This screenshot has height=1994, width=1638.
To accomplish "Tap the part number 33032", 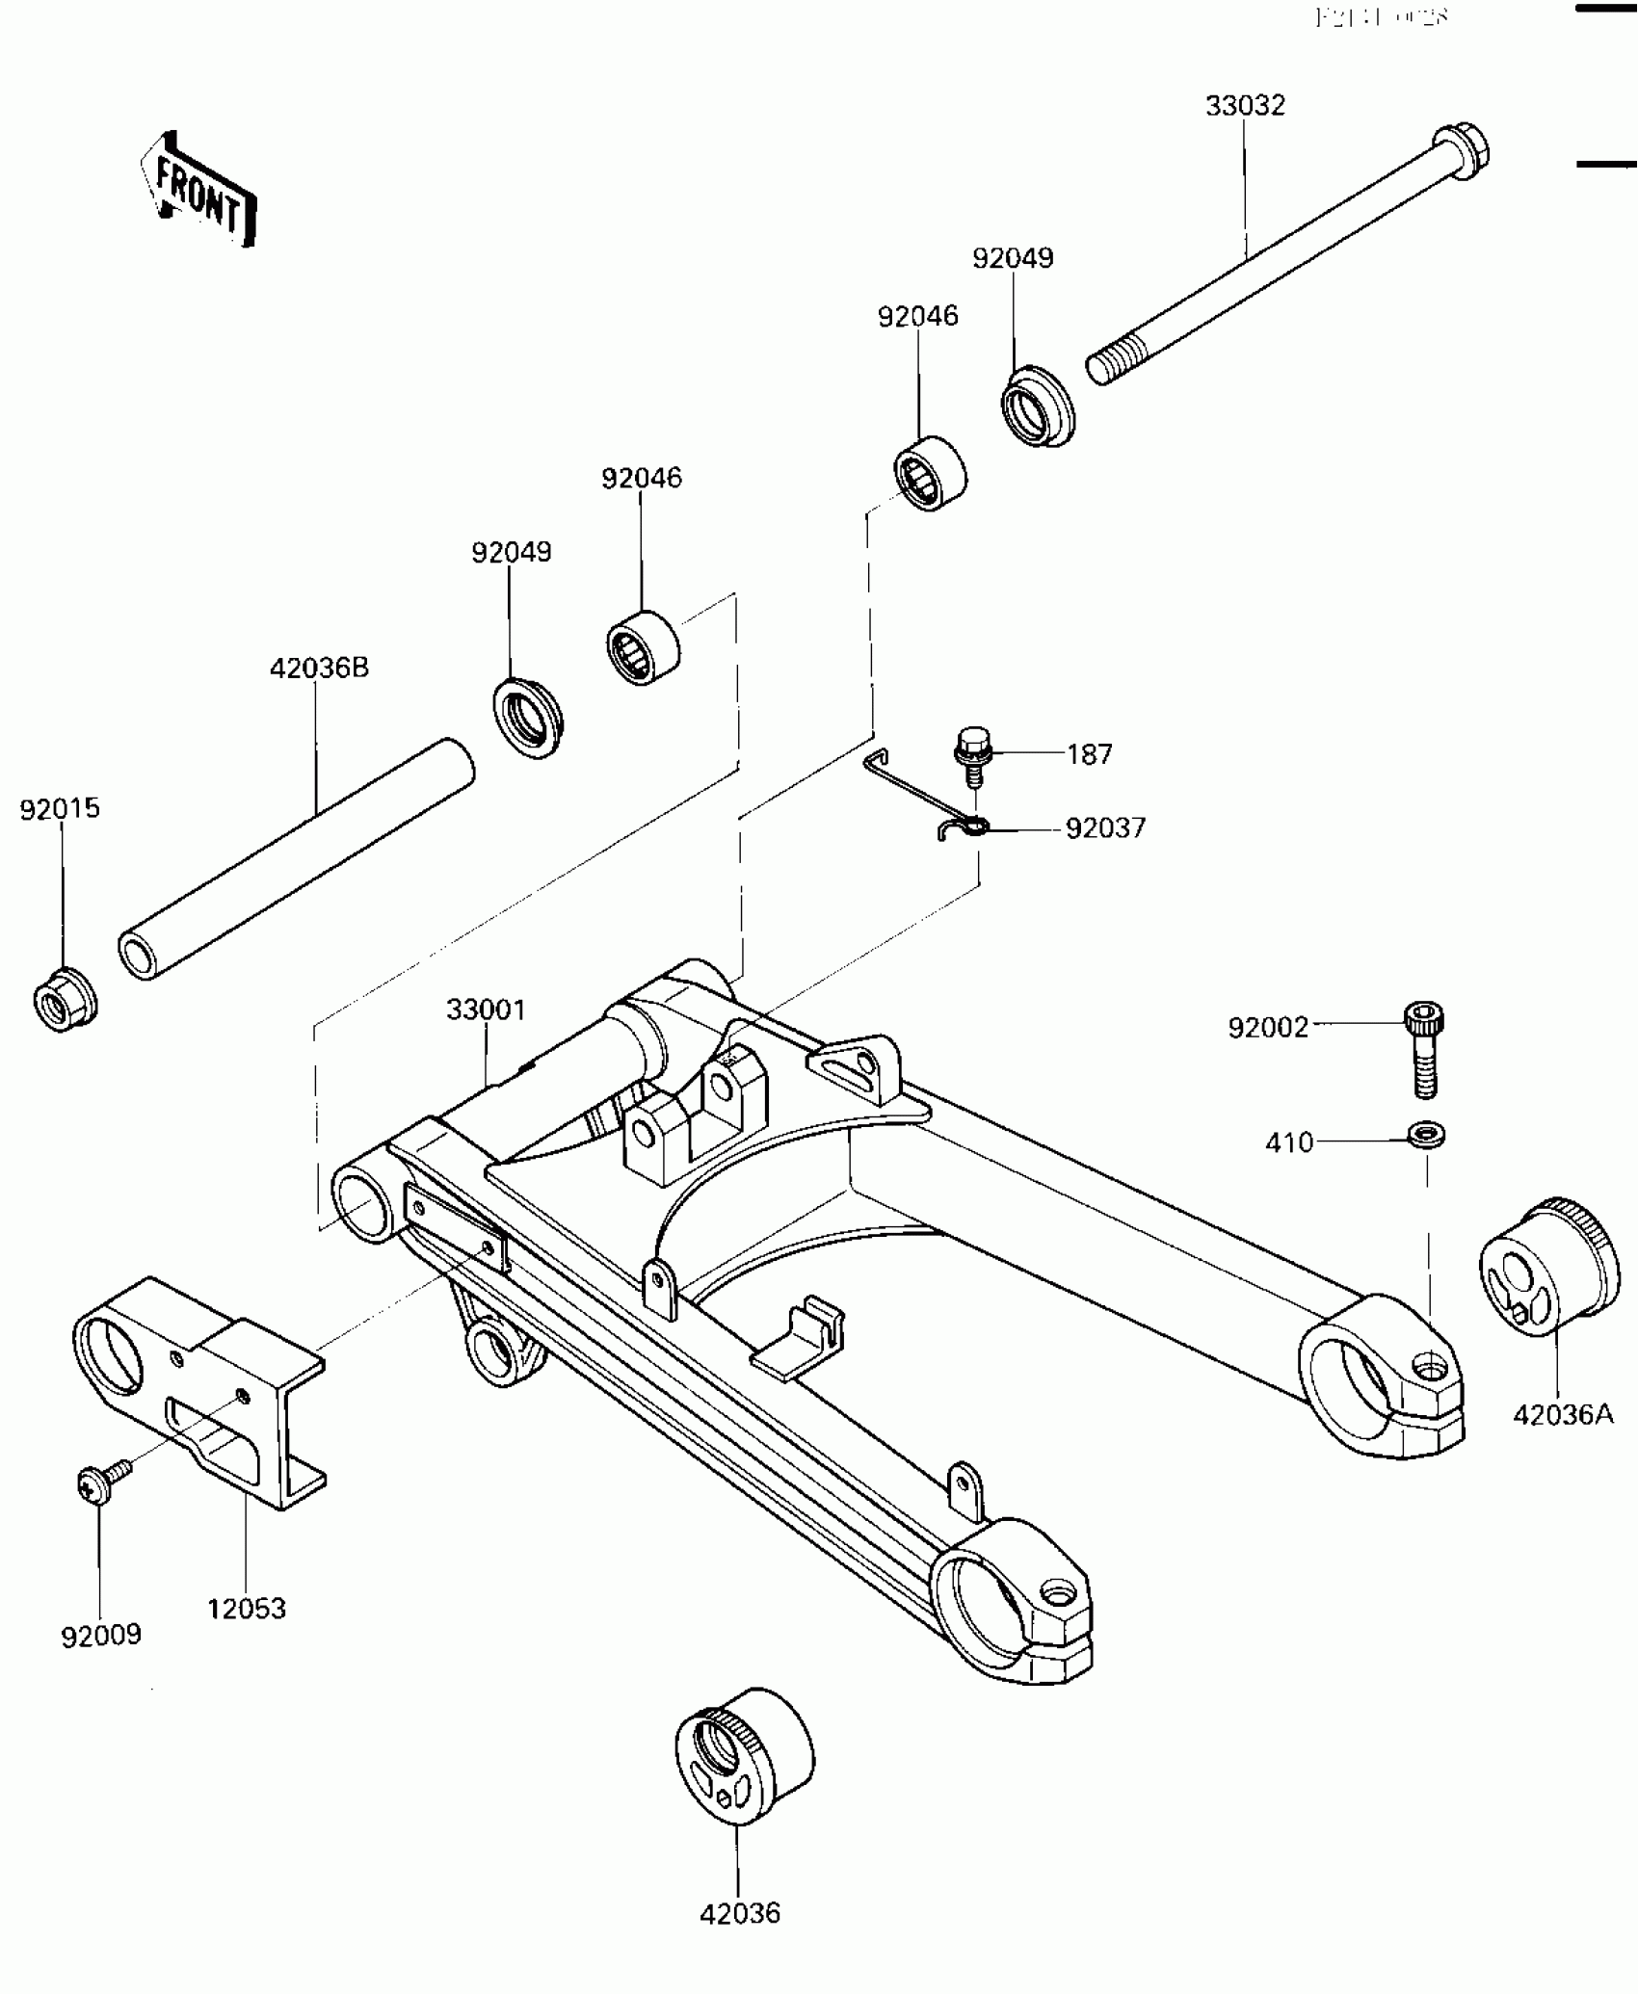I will coord(1245,106).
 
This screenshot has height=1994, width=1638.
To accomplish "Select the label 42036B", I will coord(319,668).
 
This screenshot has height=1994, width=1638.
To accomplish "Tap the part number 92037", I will coord(1105,828).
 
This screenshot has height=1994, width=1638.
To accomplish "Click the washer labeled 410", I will coord(1426,1135).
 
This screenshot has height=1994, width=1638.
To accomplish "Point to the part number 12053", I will coord(247,1608).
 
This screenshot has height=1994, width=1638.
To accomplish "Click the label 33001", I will coord(486,1010).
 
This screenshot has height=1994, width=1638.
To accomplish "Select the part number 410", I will coord(1289,1142).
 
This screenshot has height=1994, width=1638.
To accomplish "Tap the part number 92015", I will coord(60,808).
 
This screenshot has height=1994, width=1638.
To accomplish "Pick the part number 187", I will coord(1089,754).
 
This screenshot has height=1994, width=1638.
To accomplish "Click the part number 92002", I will coord(1268,1028).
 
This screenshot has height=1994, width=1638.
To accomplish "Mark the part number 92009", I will coord(101,1635).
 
